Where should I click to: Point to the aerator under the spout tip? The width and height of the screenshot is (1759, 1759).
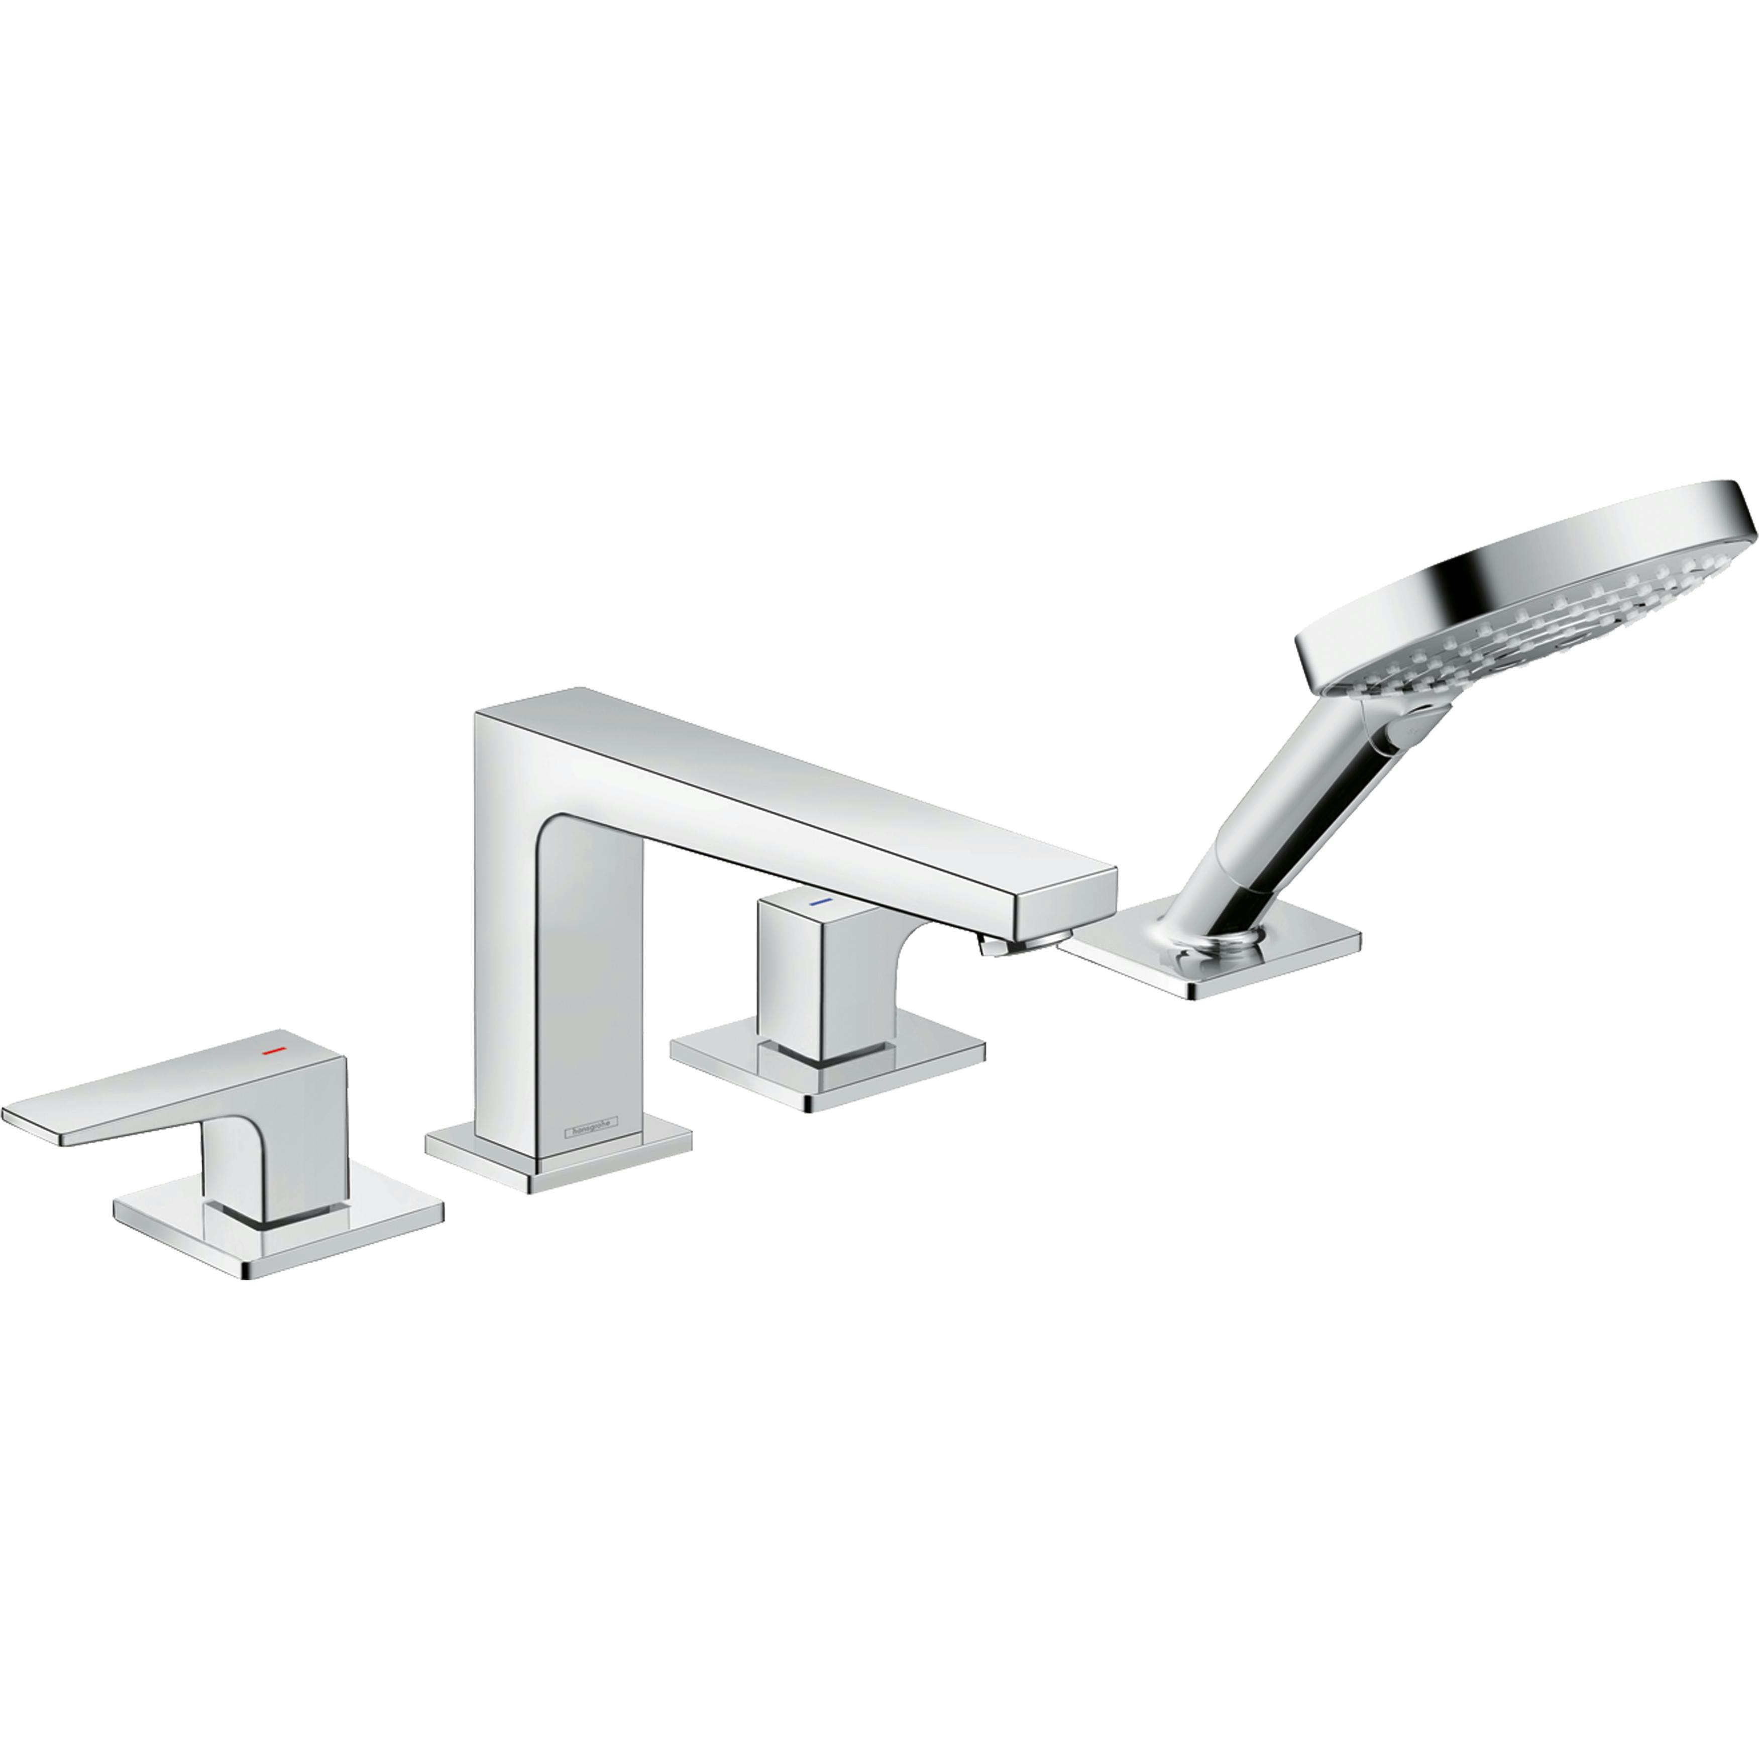point(997,947)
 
